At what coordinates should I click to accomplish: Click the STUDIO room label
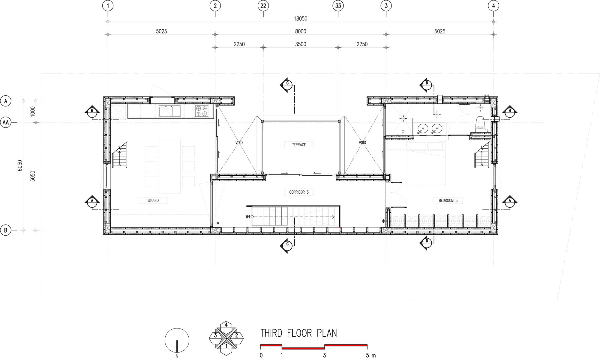(x=153, y=201)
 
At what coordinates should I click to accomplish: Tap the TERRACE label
(x=299, y=145)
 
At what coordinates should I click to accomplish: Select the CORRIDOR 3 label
(x=299, y=192)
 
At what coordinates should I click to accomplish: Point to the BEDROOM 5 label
(x=448, y=201)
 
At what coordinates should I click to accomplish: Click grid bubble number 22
(x=263, y=6)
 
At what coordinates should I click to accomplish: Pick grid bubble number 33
(x=338, y=6)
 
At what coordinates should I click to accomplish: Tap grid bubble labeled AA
(x=5, y=122)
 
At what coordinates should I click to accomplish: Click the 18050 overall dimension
(x=300, y=19)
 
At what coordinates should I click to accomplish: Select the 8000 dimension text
(x=300, y=31)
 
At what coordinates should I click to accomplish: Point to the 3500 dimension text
(x=300, y=44)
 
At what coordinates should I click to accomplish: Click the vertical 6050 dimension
(x=20, y=165)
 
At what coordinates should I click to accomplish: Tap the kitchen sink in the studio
(x=169, y=111)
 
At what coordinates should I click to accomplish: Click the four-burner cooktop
(x=201, y=111)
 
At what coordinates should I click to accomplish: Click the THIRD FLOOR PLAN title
(x=298, y=333)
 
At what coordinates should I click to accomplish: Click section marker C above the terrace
(x=287, y=85)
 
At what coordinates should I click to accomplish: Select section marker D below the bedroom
(x=426, y=243)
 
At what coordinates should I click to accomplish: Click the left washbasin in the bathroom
(x=422, y=129)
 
